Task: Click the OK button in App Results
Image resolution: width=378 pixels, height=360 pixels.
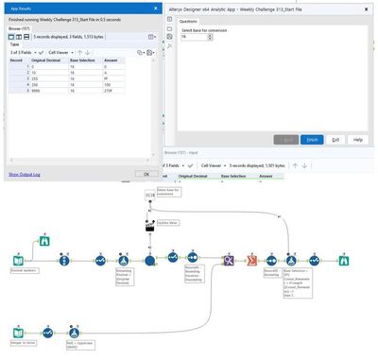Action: coord(145,174)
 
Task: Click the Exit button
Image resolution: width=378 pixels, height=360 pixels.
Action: coord(335,139)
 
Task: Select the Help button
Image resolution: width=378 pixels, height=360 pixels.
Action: coord(358,139)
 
